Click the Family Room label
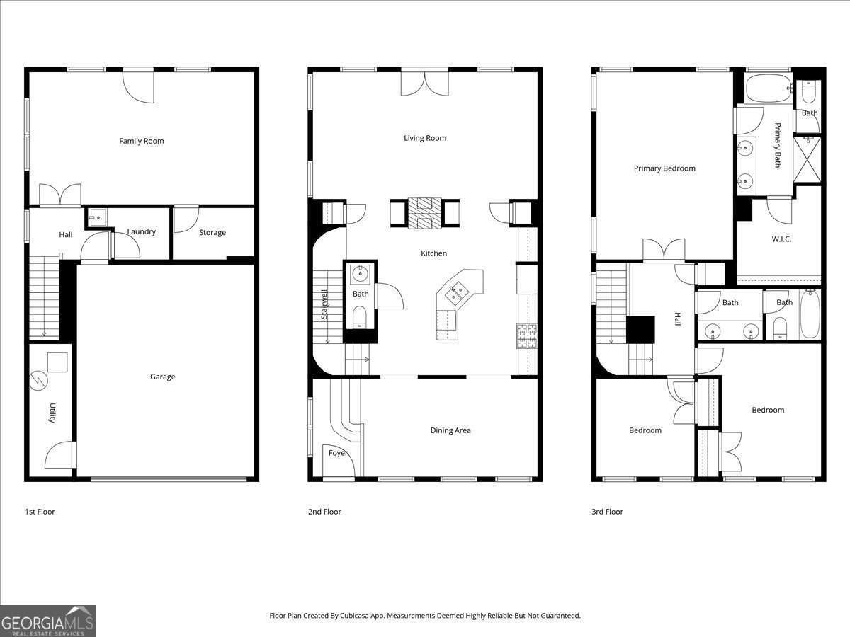[141, 141]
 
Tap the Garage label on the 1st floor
[162, 377]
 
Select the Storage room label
[212, 232]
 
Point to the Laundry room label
[141, 231]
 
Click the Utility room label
[52, 413]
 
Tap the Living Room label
[425, 138]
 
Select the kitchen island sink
[457, 289]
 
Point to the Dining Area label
[450, 430]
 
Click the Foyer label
[339, 453]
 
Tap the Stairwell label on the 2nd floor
[324, 304]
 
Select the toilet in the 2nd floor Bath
[361, 316]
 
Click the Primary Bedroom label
[664, 168]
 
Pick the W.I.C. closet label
[781, 239]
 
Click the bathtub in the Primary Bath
[768, 88]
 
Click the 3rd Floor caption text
[607, 512]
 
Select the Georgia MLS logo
[48, 621]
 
